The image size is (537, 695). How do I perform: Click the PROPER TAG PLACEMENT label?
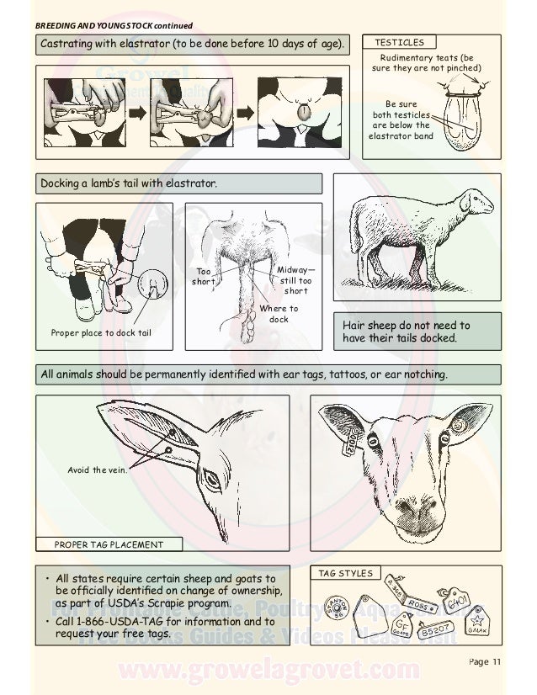tap(109, 544)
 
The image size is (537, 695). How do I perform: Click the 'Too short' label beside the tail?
tap(204, 277)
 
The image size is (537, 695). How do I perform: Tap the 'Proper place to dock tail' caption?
tap(101, 340)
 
